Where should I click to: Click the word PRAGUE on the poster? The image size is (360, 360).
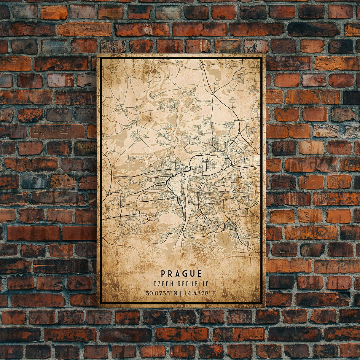pyautogui.click(x=181, y=274)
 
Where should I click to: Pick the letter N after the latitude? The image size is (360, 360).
pyautogui.click(x=176, y=294)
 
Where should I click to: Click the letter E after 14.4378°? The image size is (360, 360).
pyautogui.click(x=214, y=294)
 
